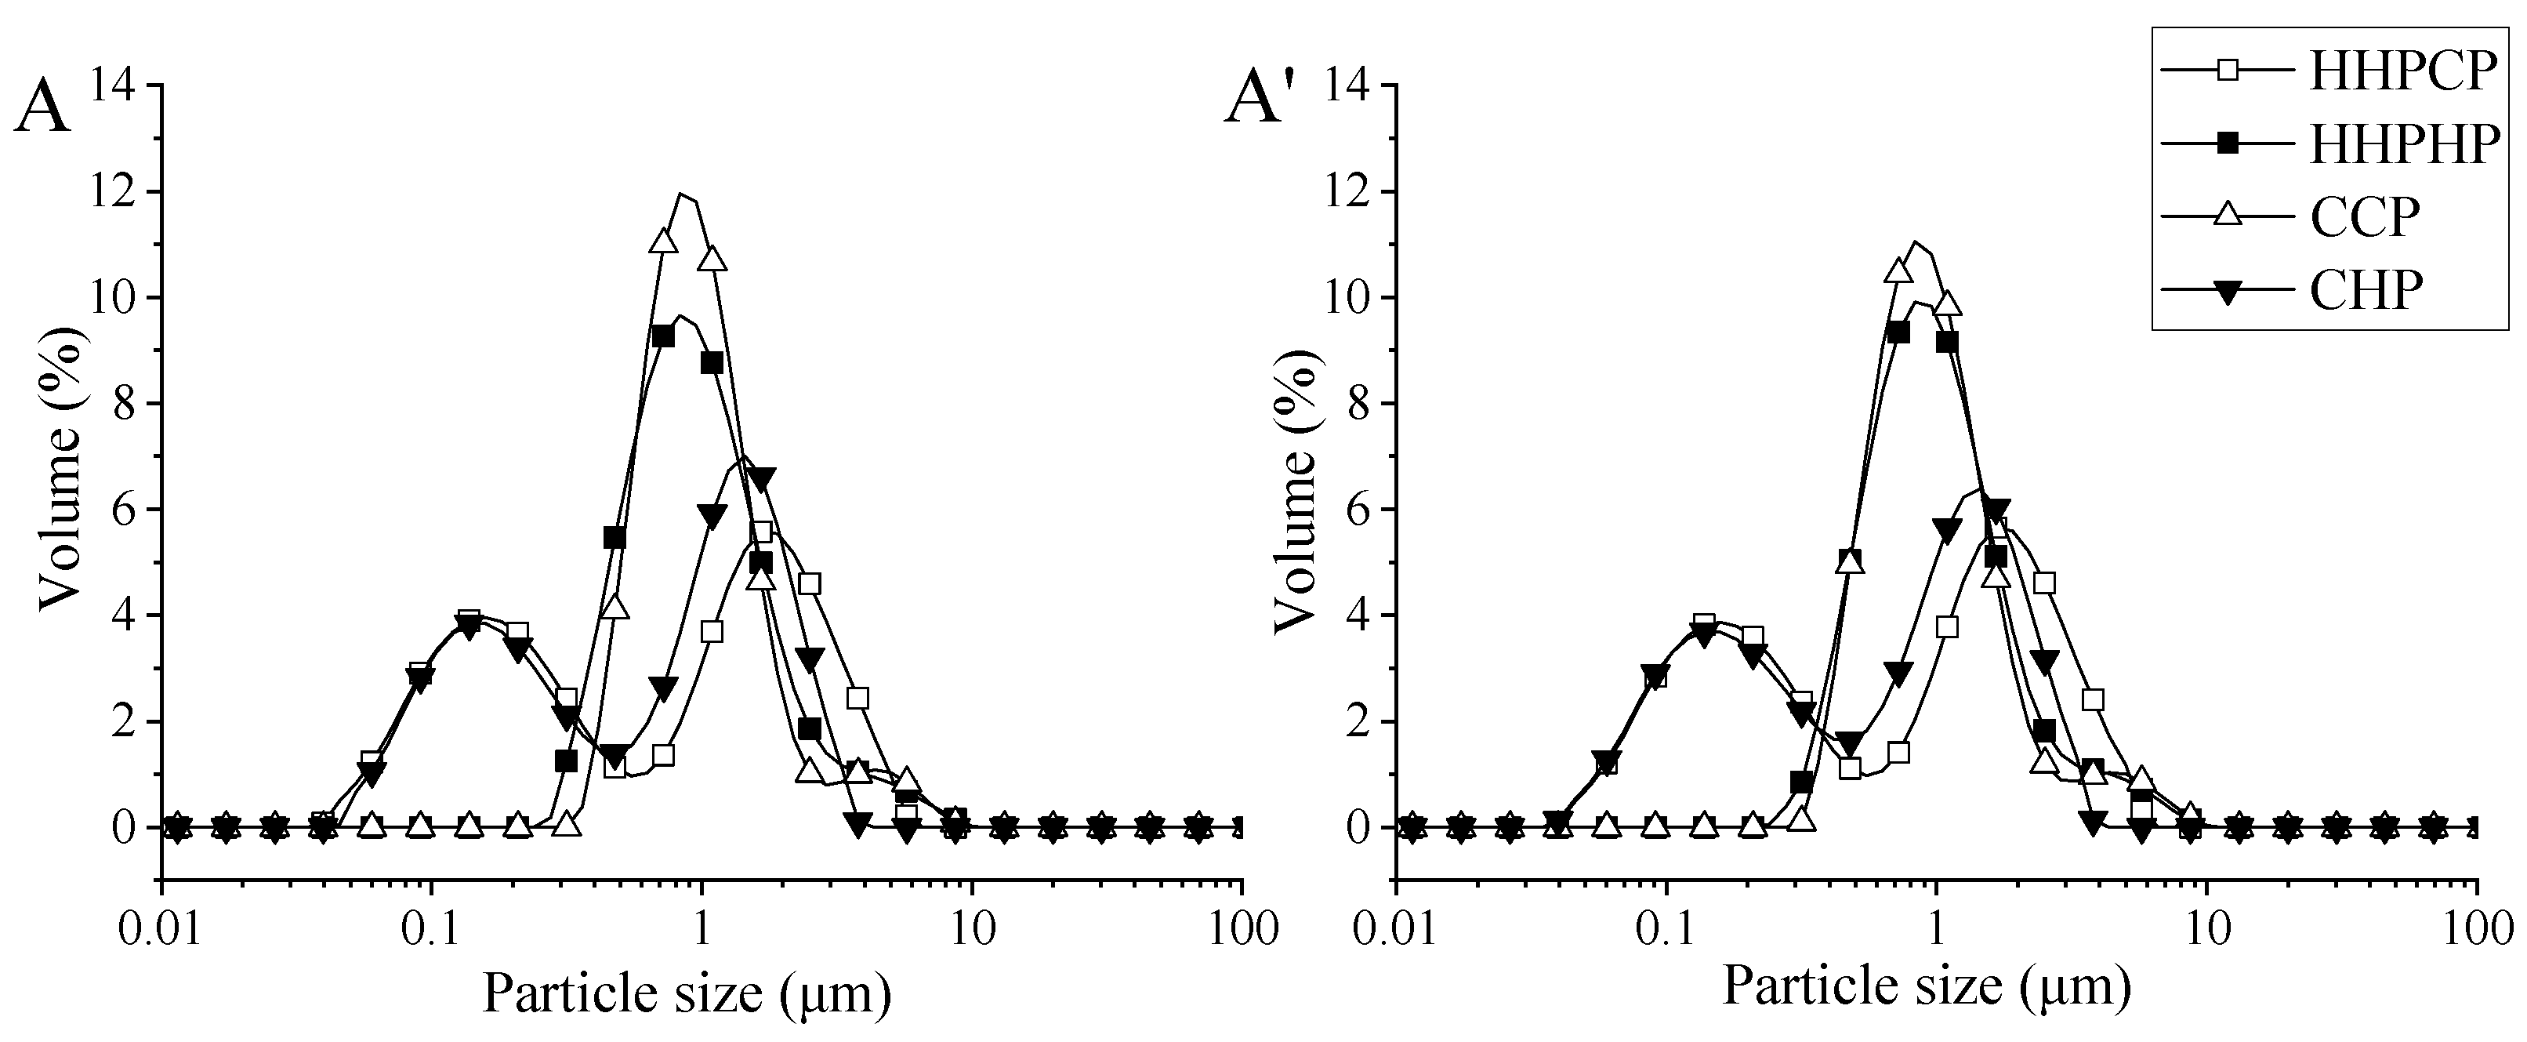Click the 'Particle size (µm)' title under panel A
point(687,993)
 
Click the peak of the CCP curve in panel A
point(683,194)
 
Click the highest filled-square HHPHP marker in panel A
point(663,336)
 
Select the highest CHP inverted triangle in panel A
point(761,479)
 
